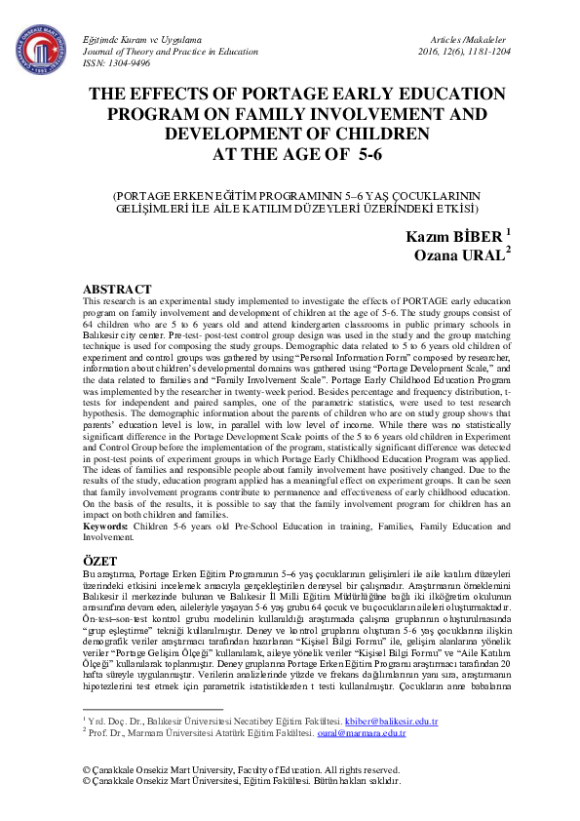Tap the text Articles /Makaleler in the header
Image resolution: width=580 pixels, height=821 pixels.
(x=470, y=37)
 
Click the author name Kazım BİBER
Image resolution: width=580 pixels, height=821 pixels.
(x=452, y=237)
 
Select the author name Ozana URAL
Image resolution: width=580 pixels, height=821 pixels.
(x=460, y=256)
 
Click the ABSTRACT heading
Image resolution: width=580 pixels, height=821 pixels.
(x=116, y=290)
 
